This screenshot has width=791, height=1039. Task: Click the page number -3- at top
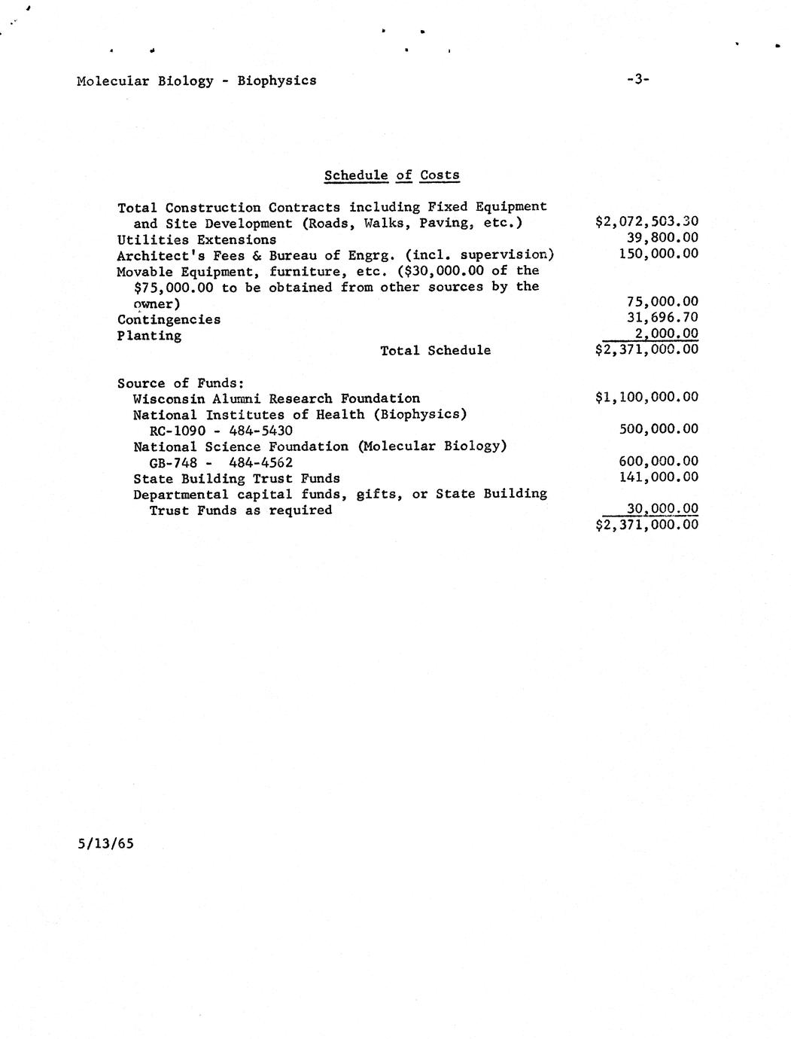point(637,79)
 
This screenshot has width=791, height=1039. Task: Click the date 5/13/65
point(105,843)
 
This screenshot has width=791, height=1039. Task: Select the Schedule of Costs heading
point(391,175)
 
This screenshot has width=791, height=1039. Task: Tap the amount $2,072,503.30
point(646,221)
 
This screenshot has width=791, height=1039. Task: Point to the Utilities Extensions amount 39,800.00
point(662,237)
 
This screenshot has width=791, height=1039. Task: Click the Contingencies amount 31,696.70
point(662,318)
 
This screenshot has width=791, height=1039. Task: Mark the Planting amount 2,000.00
point(666,334)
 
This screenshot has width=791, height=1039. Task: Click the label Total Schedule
point(435,350)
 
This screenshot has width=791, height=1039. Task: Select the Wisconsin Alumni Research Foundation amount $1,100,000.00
point(646,397)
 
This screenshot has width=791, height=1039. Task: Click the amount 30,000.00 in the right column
point(662,509)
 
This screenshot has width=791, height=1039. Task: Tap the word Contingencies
point(169,319)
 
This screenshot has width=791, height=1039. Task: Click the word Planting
point(149,336)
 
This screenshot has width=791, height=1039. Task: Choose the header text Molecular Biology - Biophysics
point(196,81)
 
